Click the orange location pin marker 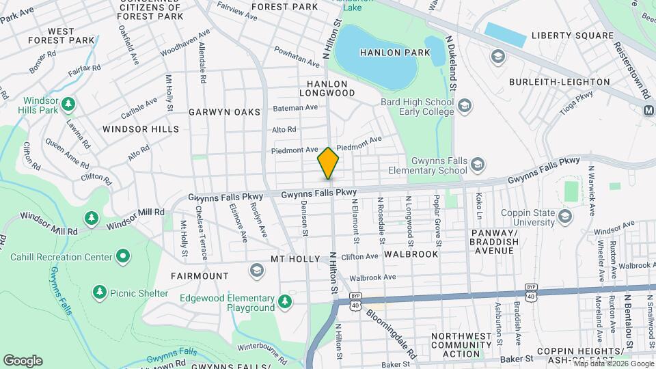(x=328, y=163)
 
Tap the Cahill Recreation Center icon (x=123, y=257)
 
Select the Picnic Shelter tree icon (x=100, y=292)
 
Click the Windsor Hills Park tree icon (x=68, y=104)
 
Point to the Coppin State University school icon (x=564, y=216)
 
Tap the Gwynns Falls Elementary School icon (x=477, y=164)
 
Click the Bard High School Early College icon (x=465, y=106)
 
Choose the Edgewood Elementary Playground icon (x=286, y=300)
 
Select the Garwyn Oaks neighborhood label (x=225, y=111)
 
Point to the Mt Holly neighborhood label (x=295, y=259)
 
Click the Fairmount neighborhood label (x=201, y=276)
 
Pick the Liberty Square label (x=572, y=36)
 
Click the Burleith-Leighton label (x=559, y=82)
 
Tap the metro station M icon (x=649, y=110)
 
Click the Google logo (x=23, y=360)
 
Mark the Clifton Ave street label (x=359, y=257)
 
